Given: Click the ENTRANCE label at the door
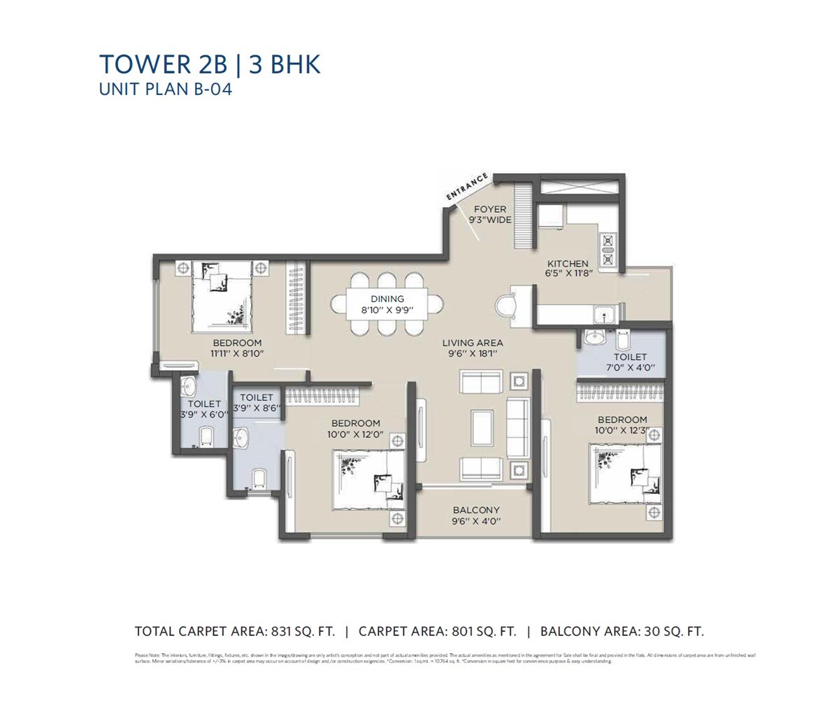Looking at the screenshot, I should point(468,188).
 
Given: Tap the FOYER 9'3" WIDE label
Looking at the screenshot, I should point(489,215).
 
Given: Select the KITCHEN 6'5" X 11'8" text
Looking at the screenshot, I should point(569,269).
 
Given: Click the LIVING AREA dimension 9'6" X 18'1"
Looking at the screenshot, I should point(472,348).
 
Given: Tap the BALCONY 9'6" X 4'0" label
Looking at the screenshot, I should point(475,515).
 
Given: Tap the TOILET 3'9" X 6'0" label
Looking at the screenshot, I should point(203,409).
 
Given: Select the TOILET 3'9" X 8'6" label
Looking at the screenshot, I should point(256,403).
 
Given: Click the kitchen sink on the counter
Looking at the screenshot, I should point(602,315).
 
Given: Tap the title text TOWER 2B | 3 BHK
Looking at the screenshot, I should point(210,64).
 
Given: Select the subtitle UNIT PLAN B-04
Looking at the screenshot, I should point(165,90).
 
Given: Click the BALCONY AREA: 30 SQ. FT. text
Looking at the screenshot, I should point(622,632).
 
